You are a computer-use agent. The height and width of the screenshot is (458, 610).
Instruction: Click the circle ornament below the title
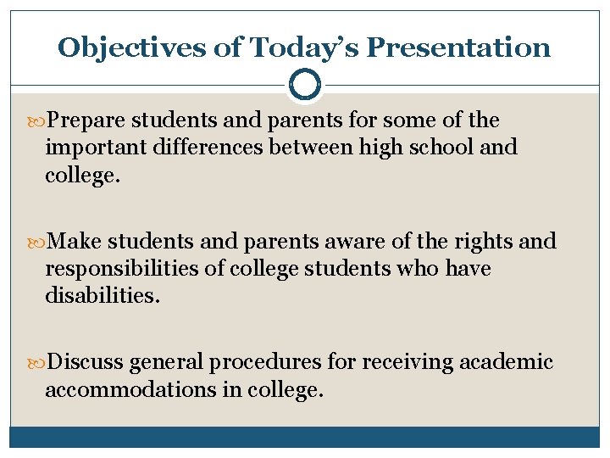tap(304, 86)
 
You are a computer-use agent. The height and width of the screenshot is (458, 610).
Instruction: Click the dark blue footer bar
tap(304, 437)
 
